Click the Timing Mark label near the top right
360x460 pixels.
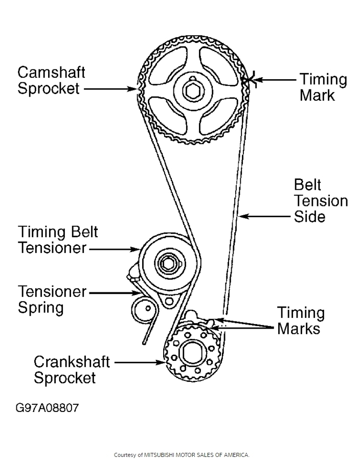point(323,87)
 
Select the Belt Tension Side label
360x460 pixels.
point(321,200)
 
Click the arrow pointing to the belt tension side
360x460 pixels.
point(266,217)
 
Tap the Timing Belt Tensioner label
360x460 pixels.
point(58,240)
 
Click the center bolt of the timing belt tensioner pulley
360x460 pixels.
point(167,263)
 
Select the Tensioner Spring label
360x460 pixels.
point(52,300)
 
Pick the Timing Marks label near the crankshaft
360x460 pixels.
point(301,320)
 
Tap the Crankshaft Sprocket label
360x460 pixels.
point(72,370)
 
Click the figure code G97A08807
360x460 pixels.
point(47,408)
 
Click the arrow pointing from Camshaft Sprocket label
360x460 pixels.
point(110,88)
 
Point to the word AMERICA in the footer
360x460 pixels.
point(236,454)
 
